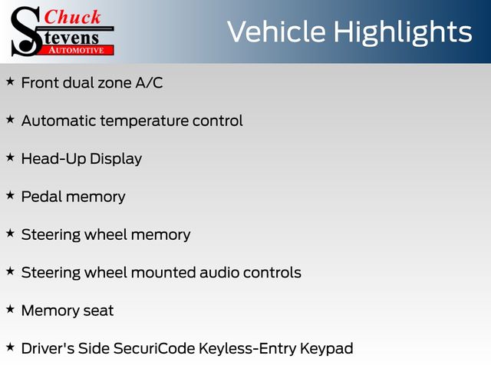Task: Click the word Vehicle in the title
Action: [276, 32]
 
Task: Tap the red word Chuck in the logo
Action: [72, 17]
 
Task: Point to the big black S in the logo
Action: [25, 32]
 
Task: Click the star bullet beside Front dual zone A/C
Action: [10, 82]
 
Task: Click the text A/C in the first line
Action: [149, 83]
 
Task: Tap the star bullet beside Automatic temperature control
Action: [10, 120]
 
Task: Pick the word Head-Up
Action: [53, 159]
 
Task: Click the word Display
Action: [116, 159]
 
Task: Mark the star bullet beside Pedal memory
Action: [10, 195]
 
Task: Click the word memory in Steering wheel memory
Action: [160, 235]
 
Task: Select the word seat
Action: [98, 311]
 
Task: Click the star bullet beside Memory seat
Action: [10, 309]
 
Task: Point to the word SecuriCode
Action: [154, 348]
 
